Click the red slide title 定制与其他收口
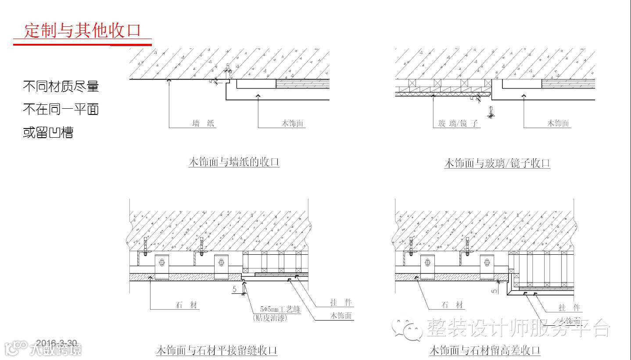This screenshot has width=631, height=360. coord(82,31)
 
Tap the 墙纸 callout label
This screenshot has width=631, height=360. coord(203,124)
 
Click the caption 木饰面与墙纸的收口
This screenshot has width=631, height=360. coord(234,162)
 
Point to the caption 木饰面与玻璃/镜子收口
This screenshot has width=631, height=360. coord(497,164)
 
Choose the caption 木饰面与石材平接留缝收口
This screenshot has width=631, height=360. coord(217,351)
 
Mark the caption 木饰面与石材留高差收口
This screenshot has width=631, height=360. coord(484,351)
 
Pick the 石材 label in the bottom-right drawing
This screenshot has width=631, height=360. coord(452,305)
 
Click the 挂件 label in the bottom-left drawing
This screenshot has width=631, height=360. coord(341,303)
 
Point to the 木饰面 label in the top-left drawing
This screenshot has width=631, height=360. coord(292,124)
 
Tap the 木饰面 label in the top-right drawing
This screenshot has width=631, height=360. coord(558,124)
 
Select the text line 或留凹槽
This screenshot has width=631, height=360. coord(48,132)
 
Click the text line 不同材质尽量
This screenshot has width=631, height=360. coord(61,86)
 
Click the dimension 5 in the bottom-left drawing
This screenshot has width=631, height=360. coord(235,289)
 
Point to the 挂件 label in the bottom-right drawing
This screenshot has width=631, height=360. coord(569,308)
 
